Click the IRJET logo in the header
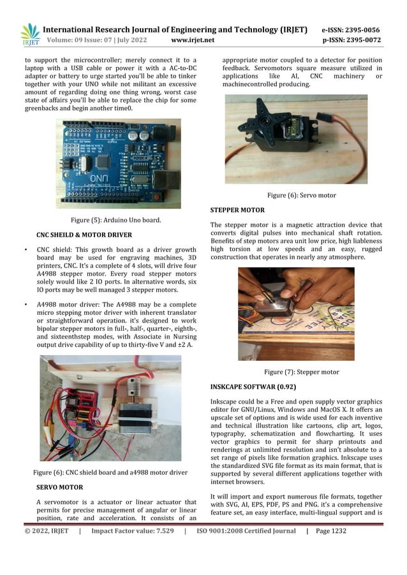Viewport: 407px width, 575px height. tap(29, 35)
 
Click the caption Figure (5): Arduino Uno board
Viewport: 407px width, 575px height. tap(115, 220)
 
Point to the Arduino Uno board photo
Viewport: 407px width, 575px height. tap(118, 163)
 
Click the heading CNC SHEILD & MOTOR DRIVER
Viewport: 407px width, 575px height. tap(84, 234)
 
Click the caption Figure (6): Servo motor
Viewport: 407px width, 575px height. tap(302, 195)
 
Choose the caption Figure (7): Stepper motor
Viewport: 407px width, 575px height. tap(301, 372)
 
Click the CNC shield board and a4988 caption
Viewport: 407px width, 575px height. tap(110, 472)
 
